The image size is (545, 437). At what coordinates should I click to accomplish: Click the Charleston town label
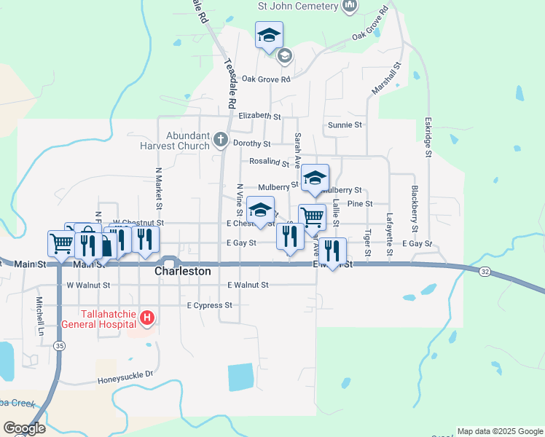tap(183, 271)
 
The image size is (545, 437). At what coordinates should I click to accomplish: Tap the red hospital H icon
tap(147, 318)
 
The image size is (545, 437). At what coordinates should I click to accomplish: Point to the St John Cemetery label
tap(298, 6)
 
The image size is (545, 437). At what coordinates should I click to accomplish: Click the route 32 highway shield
tap(485, 271)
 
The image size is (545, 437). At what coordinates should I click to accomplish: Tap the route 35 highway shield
tap(57, 348)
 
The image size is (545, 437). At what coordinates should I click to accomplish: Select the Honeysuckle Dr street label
tap(125, 377)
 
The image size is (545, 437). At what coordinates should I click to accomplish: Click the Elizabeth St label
tap(259, 116)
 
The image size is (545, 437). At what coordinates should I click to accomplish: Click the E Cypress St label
tap(209, 305)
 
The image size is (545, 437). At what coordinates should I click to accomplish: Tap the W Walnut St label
tap(88, 286)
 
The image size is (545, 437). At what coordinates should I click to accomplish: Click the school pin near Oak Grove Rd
tap(269, 34)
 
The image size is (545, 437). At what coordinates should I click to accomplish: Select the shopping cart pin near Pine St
tap(312, 216)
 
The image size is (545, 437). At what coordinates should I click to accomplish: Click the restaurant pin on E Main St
tap(332, 250)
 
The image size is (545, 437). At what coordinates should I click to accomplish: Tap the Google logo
tap(24, 428)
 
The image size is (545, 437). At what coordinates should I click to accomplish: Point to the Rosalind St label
tap(269, 163)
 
